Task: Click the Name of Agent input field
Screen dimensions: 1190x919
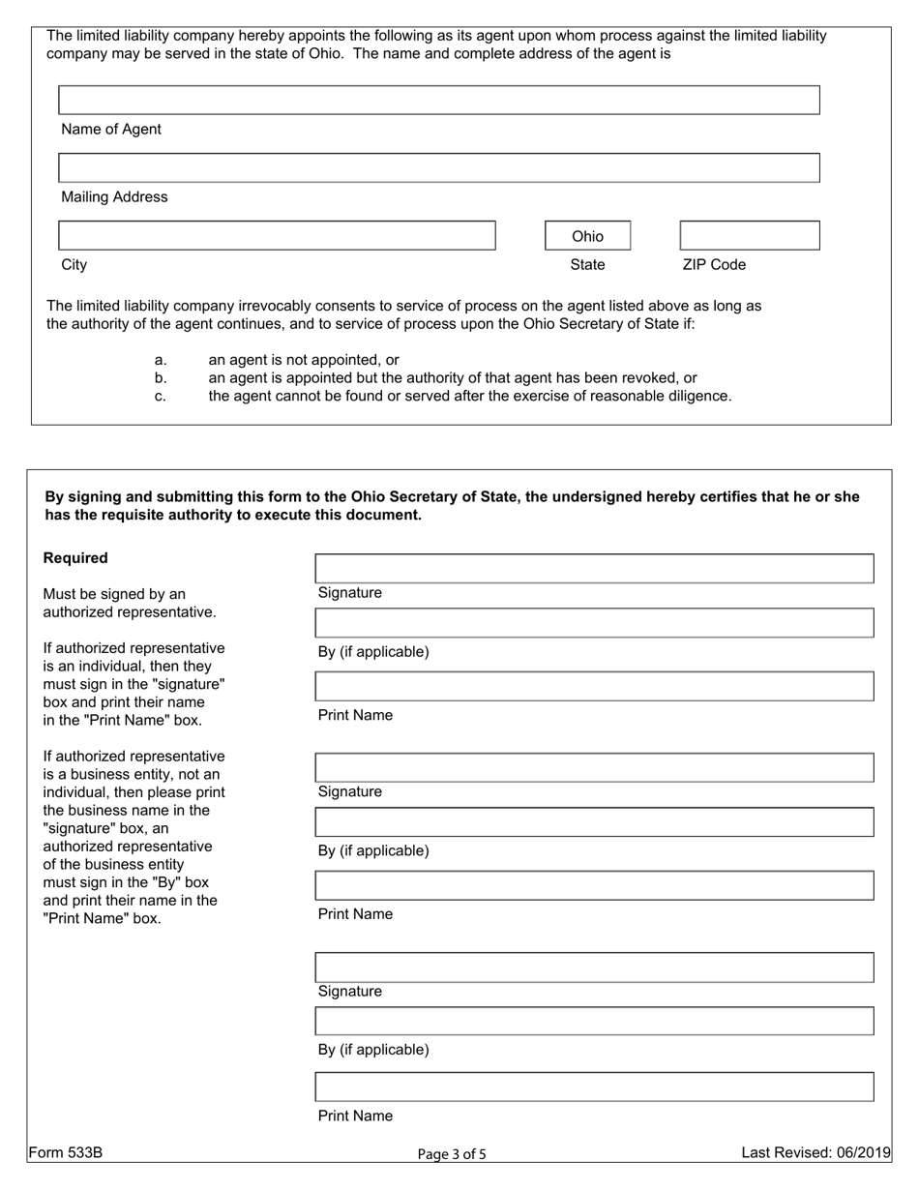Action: (x=438, y=101)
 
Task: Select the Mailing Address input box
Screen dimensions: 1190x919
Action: (x=438, y=168)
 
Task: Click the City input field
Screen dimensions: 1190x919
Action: (x=277, y=236)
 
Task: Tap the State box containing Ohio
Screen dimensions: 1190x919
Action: (x=587, y=236)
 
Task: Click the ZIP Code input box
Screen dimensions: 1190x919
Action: (x=750, y=236)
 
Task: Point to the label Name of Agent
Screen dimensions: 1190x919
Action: (x=111, y=130)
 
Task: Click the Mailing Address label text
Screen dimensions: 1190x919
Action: (x=114, y=197)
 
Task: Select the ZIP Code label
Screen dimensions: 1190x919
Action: (x=714, y=265)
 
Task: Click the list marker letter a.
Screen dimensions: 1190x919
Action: (x=161, y=360)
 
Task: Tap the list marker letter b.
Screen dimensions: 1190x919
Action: (x=161, y=378)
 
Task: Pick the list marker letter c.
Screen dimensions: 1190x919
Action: (x=161, y=397)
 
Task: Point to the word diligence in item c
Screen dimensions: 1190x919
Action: (x=696, y=397)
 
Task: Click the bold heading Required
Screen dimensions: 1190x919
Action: (x=75, y=558)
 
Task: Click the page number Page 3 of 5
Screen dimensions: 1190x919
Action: (x=452, y=1153)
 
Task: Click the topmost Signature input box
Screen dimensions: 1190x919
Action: (x=594, y=569)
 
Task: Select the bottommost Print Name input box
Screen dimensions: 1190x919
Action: (x=594, y=1087)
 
